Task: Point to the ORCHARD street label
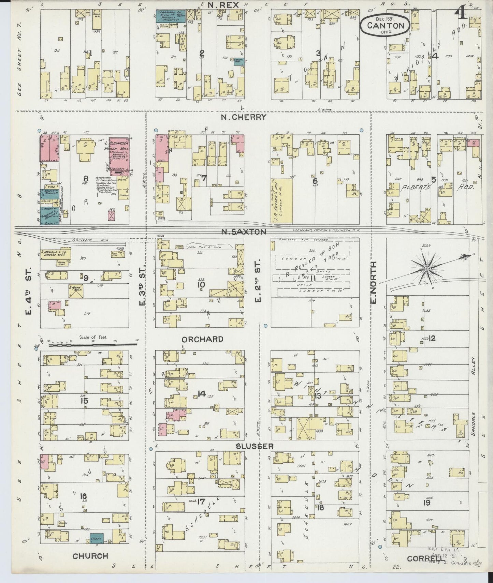[202, 339]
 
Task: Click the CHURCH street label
[90, 556]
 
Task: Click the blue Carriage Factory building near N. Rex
[171, 17]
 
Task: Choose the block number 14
[201, 394]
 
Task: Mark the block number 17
[201, 502]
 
